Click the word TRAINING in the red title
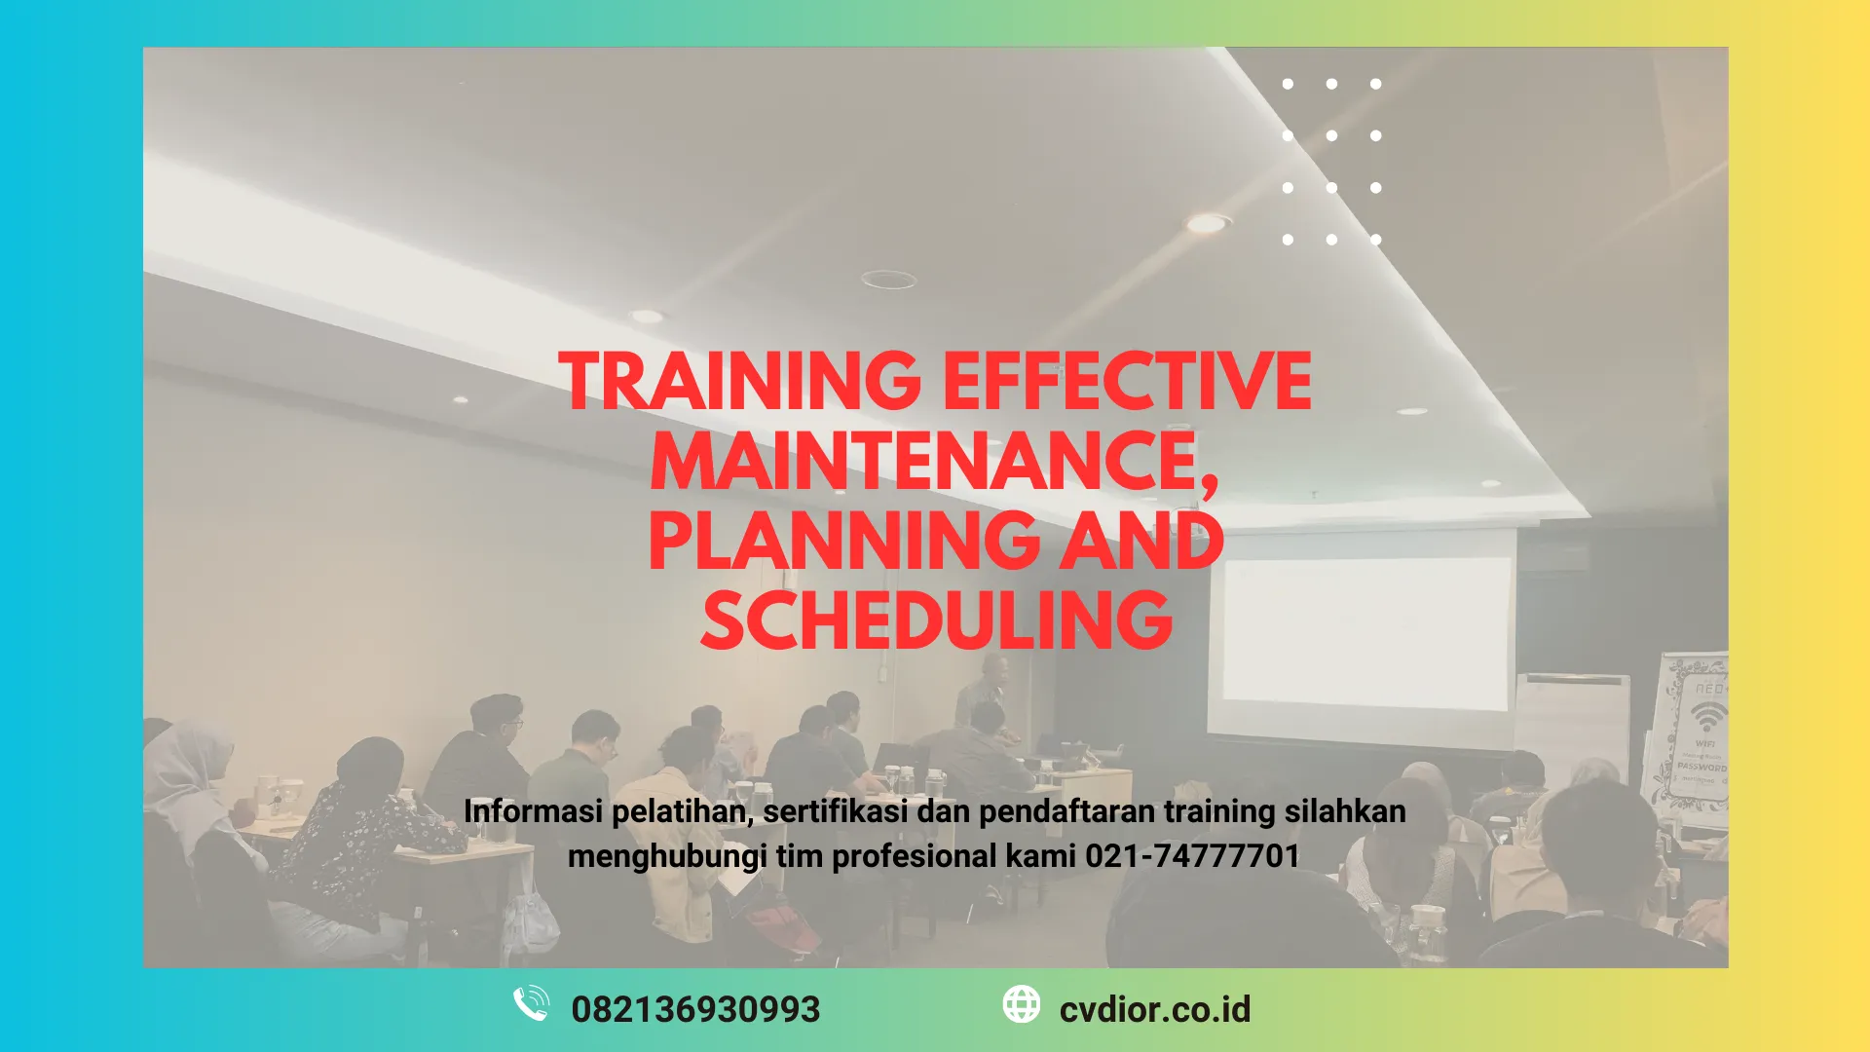click(739, 381)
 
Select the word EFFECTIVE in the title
click(1127, 381)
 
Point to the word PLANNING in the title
click(843, 542)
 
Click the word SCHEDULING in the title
click(936, 620)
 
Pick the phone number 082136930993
click(695, 1009)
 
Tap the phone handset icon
click(531, 1004)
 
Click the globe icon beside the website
click(1021, 1004)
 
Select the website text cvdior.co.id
click(1154, 1009)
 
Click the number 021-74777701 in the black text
click(1192, 856)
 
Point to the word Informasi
click(533, 811)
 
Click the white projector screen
click(1364, 628)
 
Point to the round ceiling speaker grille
click(888, 280)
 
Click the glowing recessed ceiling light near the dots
click(1208, 223)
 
